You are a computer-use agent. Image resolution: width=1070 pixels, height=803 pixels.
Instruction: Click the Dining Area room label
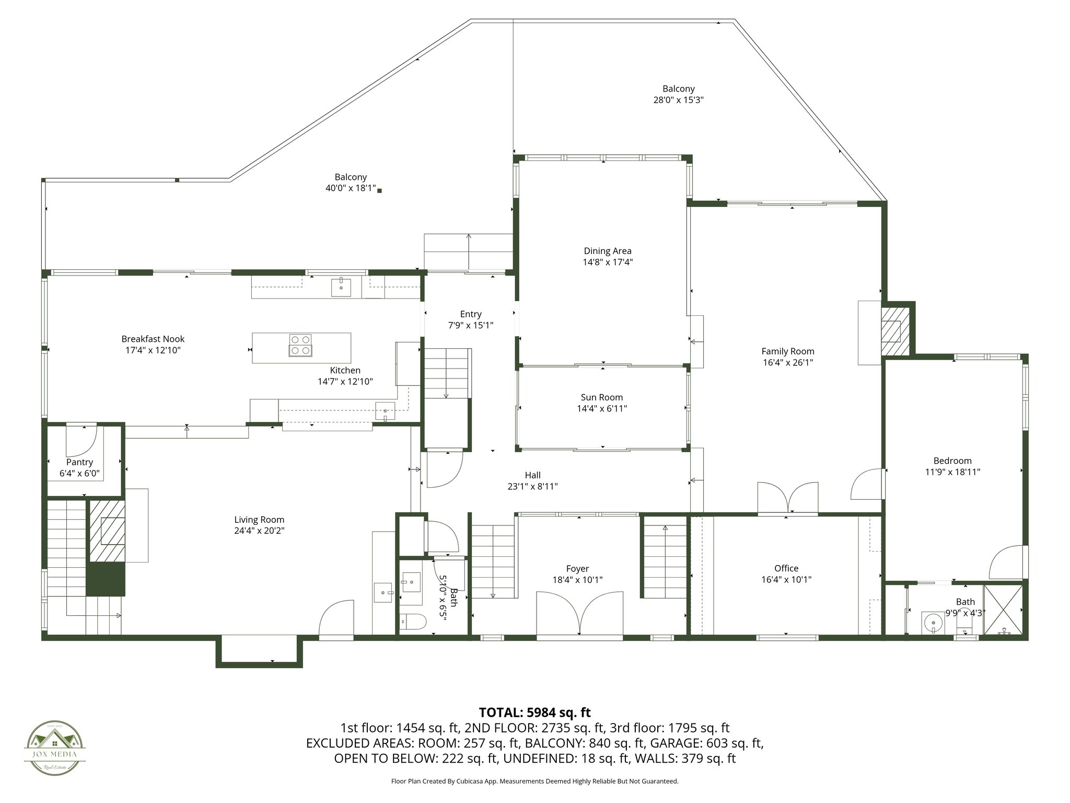click(x=608, y=251)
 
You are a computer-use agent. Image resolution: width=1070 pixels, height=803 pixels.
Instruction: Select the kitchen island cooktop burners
click(x=300, y=345)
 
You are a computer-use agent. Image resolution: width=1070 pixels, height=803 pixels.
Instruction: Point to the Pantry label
click(x=79, y=462)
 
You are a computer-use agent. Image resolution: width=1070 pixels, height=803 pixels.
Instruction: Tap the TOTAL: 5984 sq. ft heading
click(x=534, y=712)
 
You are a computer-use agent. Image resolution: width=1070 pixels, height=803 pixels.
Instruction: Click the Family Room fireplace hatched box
click(x=895, y=331)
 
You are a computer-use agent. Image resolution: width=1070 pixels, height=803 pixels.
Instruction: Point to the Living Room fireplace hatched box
click(x=107, y=531)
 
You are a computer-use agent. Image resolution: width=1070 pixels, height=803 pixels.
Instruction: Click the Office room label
click(x=786, y=568)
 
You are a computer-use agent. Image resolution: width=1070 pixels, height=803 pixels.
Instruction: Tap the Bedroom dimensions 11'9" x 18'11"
click(x=952, y=472)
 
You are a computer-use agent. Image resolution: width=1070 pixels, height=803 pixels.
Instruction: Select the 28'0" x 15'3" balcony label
click(x=678, y=100)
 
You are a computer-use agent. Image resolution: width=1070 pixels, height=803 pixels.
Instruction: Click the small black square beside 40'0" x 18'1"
click(x=380, y=191)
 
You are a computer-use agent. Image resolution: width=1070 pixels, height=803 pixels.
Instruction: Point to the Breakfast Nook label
click(x=153, y=339)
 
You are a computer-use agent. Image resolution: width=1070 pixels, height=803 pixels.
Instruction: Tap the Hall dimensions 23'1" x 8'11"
click(x=532, y=486)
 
